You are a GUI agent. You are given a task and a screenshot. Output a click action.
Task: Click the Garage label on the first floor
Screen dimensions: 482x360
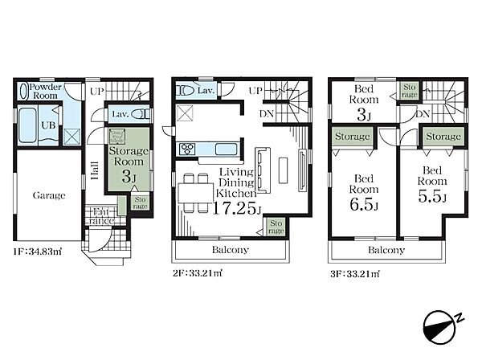[x=49, y=195]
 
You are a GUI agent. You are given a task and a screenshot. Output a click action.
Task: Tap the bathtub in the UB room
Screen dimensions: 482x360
[x=27, y=125]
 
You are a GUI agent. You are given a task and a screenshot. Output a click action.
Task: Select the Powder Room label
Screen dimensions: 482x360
[x=46, y=91]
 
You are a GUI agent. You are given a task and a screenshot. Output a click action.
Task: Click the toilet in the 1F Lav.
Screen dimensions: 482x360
[x=140, y=114]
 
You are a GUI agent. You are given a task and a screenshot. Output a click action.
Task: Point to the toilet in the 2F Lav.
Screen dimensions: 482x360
[x=185, y=91]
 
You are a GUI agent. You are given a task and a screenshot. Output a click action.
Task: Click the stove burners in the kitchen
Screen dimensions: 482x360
[x=187, y=149]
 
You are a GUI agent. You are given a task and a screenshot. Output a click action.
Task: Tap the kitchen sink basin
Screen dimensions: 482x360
[x=226, y=149]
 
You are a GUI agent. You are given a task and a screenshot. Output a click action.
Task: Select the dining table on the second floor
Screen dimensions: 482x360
[x=196, y=193]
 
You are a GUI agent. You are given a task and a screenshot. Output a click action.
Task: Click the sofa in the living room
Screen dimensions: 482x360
[x=263, y=170]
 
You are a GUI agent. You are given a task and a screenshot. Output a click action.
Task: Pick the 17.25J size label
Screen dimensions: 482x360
[x=237, y=208]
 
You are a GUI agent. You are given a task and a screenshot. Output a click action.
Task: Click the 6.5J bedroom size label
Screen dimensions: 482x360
[x=364, y=204]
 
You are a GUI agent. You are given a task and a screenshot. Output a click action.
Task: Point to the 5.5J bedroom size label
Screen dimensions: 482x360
[x=432, y=196]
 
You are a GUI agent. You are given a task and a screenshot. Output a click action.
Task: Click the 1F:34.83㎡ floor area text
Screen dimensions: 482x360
[x=37, y=252]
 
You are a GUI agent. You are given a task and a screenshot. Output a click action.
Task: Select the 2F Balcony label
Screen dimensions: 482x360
[x=231, y=250]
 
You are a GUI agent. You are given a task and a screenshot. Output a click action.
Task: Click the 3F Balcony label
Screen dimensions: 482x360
[x=386, y=250]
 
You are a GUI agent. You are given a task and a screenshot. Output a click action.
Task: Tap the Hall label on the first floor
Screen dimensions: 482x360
[x=95, y=171]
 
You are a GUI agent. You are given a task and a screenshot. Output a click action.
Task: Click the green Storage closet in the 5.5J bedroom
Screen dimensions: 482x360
[x=443, y=136]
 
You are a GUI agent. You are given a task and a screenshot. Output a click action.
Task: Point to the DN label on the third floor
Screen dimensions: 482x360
[x=423, y=114]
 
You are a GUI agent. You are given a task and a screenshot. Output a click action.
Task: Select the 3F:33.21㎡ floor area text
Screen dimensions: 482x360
[x=355, y=273]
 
